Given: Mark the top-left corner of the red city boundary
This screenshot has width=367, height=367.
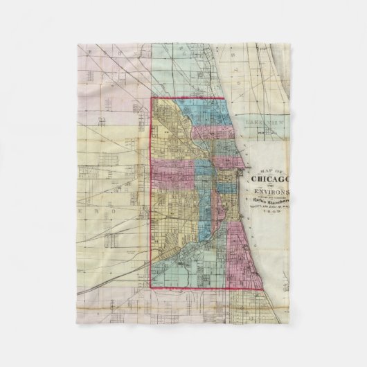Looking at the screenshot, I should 152,98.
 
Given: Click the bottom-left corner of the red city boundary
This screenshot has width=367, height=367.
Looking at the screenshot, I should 152,287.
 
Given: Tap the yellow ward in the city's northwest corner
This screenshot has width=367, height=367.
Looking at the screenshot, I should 166,118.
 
